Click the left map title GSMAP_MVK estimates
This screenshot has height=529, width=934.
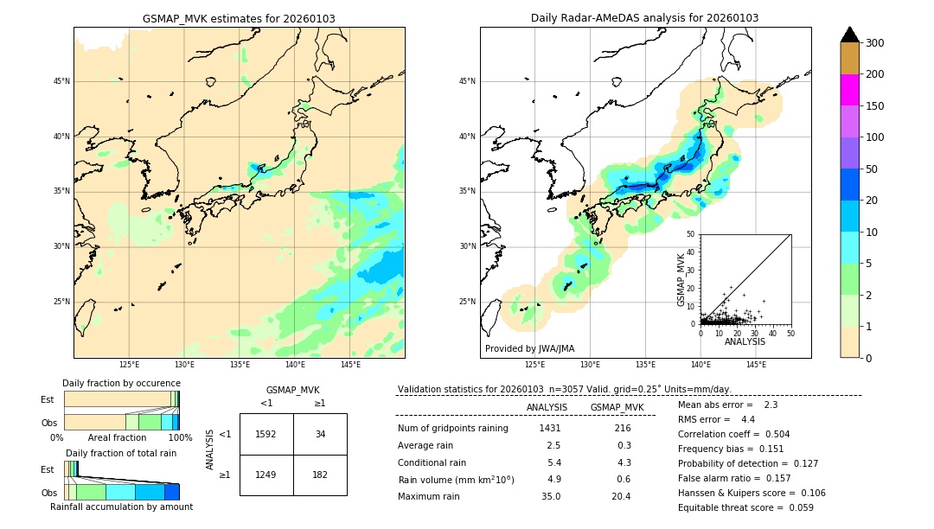point(239,18)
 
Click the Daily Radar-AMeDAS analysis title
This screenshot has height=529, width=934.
point(645,18)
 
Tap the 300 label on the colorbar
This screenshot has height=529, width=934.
point(875,43)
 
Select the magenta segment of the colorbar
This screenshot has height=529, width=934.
point(850,90)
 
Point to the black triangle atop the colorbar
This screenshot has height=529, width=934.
point(850,35)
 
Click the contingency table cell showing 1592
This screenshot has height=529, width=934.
point(266,434)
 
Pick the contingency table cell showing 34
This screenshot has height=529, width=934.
point(320,434)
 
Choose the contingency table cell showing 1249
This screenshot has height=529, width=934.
point(266,475)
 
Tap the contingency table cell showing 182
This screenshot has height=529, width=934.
point(320,475)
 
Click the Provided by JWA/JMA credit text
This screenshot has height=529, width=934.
point(529,349)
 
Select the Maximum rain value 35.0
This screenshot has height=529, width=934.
point(551,496)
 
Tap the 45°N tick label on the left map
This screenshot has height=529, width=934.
point(61,81)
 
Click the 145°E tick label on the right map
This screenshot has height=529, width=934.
point(756,365)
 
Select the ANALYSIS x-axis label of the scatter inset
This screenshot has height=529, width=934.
point(745,341)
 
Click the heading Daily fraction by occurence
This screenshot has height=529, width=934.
point(121,383)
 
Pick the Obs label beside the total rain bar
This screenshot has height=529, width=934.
point(48,492)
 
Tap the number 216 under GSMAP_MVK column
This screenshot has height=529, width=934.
point(622,428)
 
